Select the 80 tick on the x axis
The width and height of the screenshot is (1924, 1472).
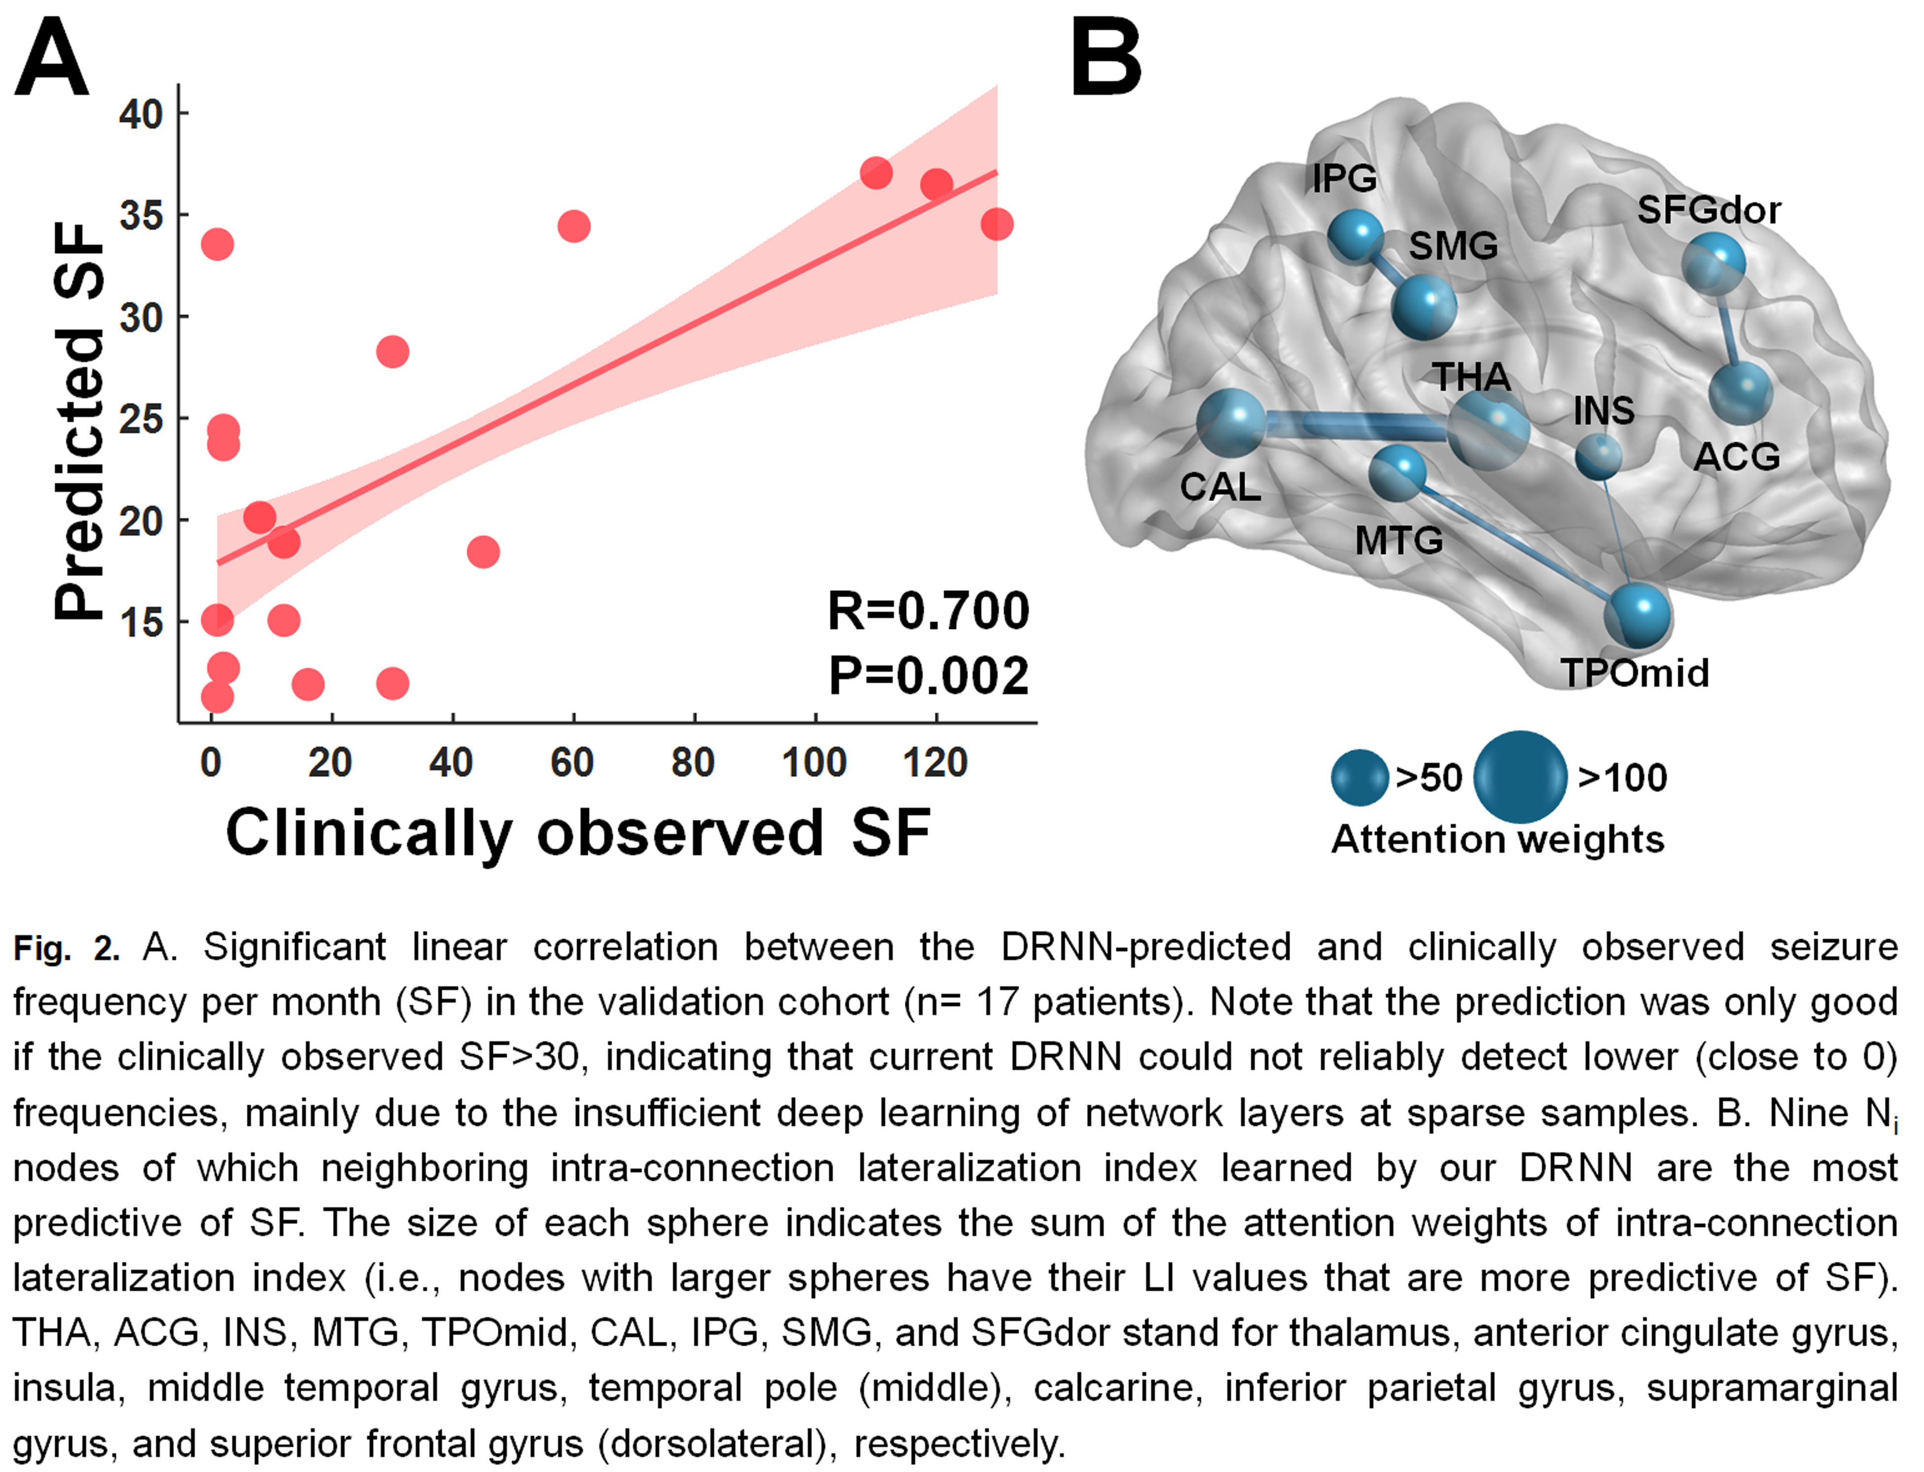click(x=693, y=762)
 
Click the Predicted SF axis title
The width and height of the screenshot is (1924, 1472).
click(x=79, y=421)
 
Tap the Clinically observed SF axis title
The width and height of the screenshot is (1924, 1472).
click(x=578, y=832)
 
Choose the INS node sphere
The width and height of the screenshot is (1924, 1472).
click(x=1599, y=456)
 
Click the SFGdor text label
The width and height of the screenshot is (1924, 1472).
click(x=1708, y=210)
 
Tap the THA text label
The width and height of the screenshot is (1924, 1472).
click(x=1472, y=377)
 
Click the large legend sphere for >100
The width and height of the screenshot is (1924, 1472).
click(x=1520, y=777)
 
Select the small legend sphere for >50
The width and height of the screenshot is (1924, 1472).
click(x=1360, y=777)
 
